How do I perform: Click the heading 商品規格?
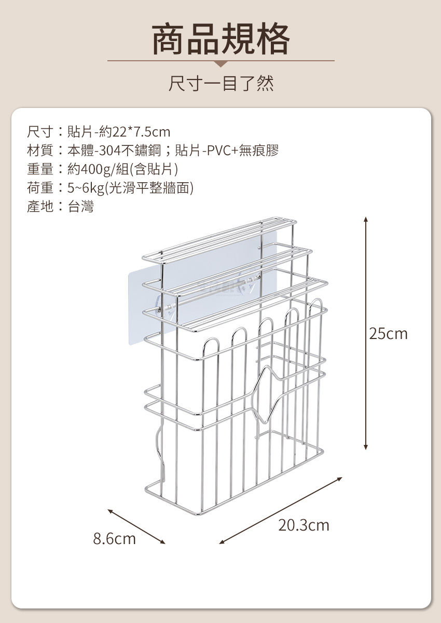click(x=220, y=39)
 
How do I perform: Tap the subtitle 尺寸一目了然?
click(x=221, y=83)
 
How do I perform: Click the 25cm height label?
click(x=388, y=333)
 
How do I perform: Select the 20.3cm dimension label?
click(x=304, y=525)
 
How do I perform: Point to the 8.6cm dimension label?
click(x=114, y=538)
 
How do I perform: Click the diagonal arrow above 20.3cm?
click(x=281, y=509)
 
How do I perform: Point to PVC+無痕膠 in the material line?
click(x=240, y=151)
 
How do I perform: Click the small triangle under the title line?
click(x=221, y=64)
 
